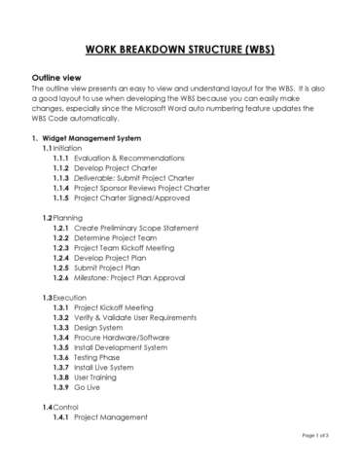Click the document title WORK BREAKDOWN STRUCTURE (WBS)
180,49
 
